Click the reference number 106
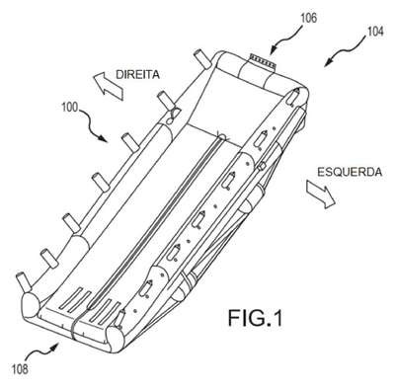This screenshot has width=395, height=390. tap(308, 18)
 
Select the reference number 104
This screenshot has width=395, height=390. tap(375, 32)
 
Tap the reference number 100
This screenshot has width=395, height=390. tap(69, 108)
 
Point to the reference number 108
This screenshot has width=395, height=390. tap(20, 369)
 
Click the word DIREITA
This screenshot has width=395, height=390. tap(138, 75)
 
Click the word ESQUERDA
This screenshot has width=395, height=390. tap(350, 172)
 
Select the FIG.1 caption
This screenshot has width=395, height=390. tap(256, 318)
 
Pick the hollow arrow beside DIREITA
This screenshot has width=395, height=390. tap(109, 86)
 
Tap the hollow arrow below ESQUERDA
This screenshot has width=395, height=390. tap(321, 194)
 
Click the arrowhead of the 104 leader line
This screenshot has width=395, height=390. tap(327, 64)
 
